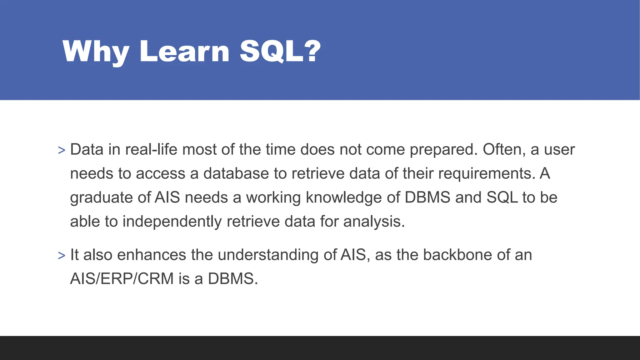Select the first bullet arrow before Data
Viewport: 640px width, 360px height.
click(x=62, y=150)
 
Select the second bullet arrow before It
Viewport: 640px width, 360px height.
click(x=62, y=255)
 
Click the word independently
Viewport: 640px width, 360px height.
click(x=172, y=222)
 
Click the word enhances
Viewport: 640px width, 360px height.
click(x=152, y=255)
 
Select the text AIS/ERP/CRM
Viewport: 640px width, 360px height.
click(x=122, y=279)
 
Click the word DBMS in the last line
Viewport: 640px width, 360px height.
click(x=232, y=279)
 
